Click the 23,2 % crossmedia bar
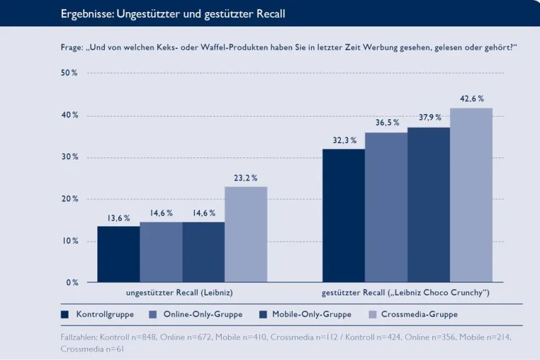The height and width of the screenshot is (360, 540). (x=246, y=235)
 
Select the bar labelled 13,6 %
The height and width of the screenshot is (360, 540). (x=118, y=254)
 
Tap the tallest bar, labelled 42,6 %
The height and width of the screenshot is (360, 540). (x=471, y=195)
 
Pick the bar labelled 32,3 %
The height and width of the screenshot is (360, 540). (x=344, y=215)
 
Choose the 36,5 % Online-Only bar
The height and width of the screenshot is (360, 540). (x=386, y=208)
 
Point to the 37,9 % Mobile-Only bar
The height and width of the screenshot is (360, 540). (x=429, y=205)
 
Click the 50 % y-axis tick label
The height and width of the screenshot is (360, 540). (x=69, y=73)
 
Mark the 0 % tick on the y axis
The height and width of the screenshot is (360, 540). (x=72, y=283)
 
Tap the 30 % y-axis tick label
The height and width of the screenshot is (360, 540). (x=70, y=157)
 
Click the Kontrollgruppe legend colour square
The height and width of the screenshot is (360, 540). (x=64, y=314)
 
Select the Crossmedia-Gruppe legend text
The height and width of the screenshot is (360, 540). (x=419, y=314)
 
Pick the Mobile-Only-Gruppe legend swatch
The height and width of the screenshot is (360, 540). (x=263, y=314)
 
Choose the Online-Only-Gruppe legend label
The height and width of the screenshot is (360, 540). (x=203, y=314)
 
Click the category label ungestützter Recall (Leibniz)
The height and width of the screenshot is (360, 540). (x=179, y=293)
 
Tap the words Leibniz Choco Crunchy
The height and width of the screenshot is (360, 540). (x=438, y=293)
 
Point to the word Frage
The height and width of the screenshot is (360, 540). (x=72, y=47)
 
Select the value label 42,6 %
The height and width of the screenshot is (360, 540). (x=472, y=99)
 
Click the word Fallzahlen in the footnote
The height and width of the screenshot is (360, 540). (x=79, y=337)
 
